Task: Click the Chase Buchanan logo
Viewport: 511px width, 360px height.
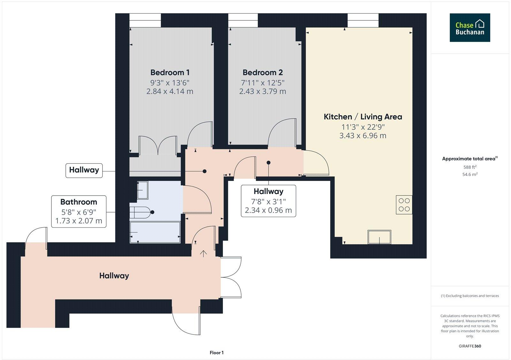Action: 469,27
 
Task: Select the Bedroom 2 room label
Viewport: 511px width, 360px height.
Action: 263,72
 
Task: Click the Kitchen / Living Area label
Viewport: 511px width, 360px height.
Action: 363,117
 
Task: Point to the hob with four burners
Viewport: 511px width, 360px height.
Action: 404,205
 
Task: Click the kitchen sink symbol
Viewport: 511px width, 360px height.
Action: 379,237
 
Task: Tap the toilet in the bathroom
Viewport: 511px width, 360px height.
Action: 142,212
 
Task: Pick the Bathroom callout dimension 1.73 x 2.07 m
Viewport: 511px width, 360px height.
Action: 79,221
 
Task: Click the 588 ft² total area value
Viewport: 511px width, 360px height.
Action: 470,167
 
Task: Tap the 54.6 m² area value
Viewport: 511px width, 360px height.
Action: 470,174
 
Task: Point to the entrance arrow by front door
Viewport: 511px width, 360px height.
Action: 203,254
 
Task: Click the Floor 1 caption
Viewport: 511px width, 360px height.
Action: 217,353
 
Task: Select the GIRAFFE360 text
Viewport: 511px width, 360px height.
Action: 469,346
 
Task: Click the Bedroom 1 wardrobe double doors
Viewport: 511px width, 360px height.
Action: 158,146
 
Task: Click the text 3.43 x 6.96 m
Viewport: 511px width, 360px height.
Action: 363,136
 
